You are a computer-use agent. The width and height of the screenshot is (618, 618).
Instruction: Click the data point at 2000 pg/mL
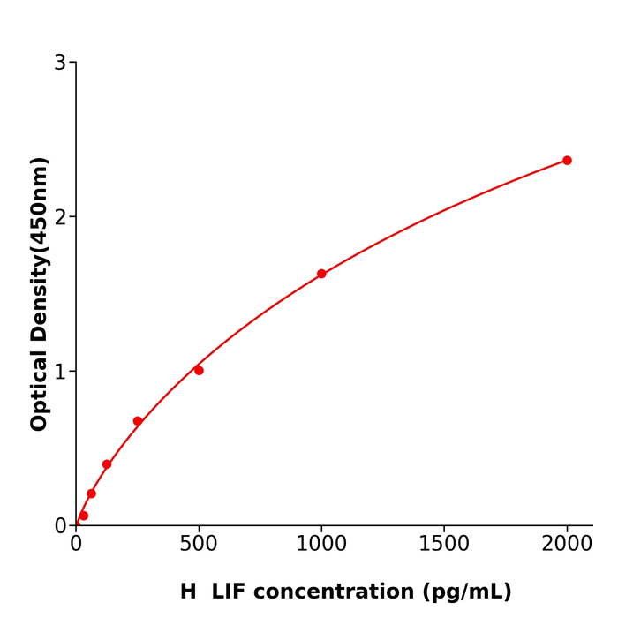click(567, 161)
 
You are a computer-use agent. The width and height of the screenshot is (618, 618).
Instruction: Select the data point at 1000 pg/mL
click(321, 274)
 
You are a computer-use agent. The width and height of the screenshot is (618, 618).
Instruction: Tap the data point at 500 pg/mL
click(199, 371)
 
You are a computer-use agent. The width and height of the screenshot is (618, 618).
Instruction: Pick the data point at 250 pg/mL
click(138, 421)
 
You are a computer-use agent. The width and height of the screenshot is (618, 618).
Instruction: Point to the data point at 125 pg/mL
click(107, 464)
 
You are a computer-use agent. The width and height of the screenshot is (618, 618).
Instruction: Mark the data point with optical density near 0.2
click(91, 494)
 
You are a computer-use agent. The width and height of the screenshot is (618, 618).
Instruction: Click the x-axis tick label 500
click(199, 545)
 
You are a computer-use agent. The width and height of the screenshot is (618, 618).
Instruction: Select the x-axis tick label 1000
click(321, 545)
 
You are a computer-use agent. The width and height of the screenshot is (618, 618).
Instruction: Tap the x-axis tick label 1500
click(444, 545)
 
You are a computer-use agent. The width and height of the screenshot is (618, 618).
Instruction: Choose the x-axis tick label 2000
click(567, 545)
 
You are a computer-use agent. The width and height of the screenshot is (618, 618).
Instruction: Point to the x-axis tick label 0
click(76, 545)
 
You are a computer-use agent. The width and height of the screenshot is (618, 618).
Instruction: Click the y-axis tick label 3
click(60, 63)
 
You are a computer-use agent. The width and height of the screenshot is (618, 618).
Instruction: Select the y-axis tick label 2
click(60, 217)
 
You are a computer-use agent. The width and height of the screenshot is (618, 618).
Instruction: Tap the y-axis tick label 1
click(60, 372)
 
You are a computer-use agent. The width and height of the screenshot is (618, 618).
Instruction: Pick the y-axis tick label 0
click(60, 526)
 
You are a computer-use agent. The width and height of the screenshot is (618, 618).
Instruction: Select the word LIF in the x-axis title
click(230, 592)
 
